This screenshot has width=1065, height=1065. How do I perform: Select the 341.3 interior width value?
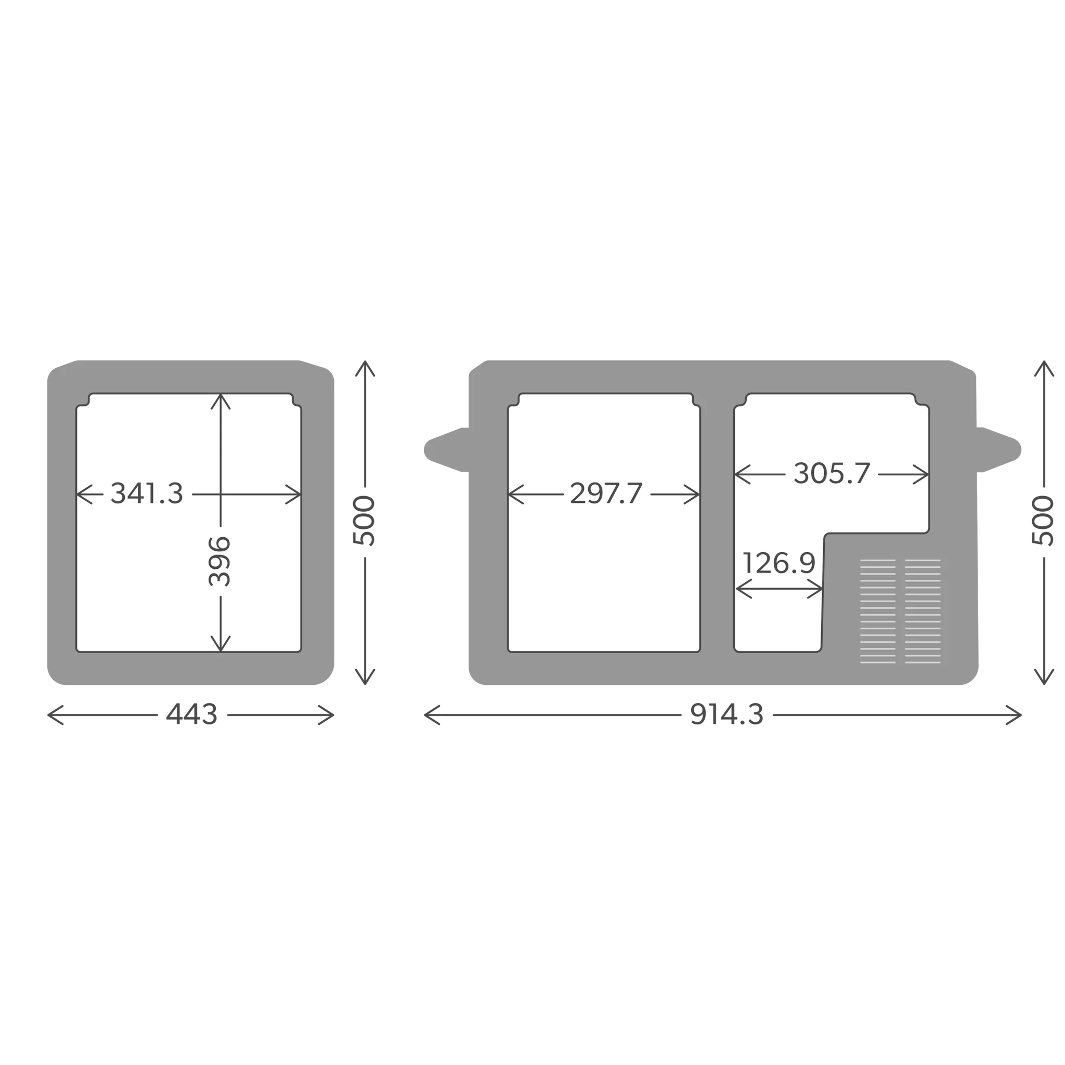[147, 493]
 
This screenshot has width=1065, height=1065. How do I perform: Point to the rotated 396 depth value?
[220, 561]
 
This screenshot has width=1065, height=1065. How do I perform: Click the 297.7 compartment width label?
[606, 493]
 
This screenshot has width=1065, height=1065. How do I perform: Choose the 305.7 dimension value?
[832, 474]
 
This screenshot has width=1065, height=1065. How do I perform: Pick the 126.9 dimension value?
[778, 563]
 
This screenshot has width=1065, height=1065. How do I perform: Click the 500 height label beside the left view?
[365, 521]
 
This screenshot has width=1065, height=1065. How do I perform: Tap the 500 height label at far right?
[1044, 521]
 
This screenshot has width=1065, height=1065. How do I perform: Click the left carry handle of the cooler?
[447, 450]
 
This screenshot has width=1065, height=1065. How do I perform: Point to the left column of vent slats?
[878, 612]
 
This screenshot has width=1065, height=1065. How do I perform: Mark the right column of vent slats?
[923, 612]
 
